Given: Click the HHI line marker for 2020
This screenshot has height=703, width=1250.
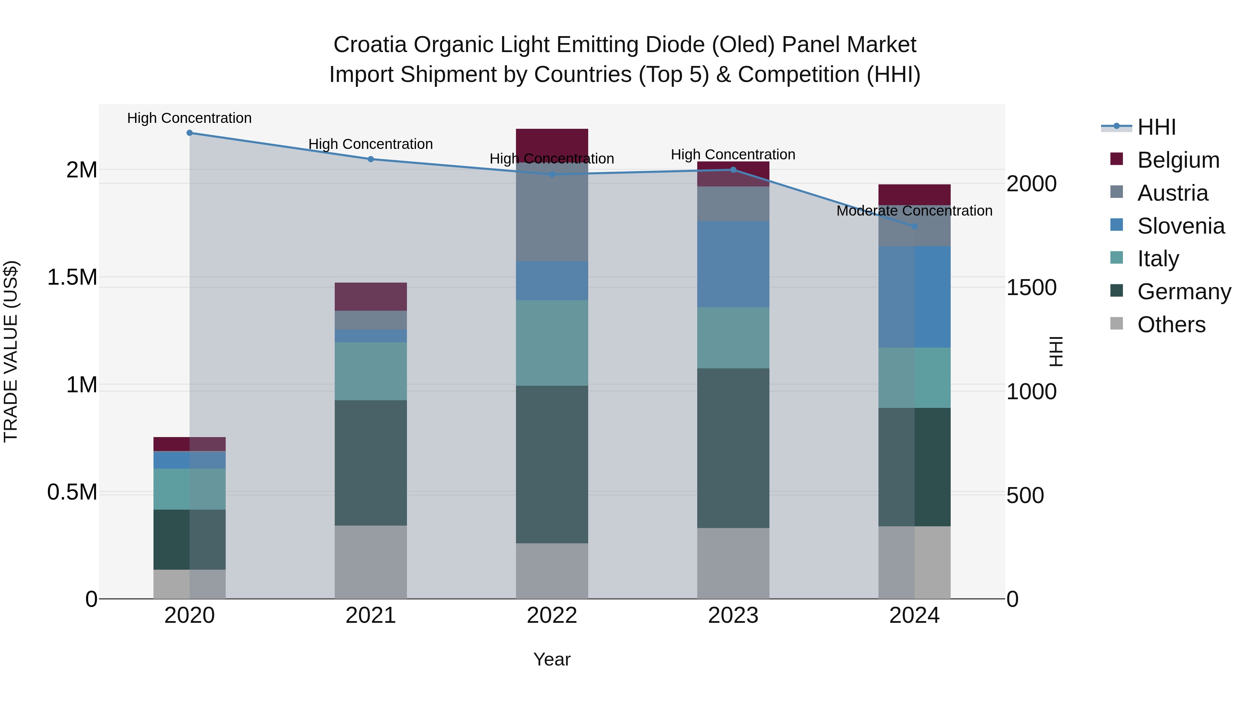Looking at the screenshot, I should coord(189,133).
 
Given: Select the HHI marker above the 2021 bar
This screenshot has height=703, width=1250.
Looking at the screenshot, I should coord(371,159).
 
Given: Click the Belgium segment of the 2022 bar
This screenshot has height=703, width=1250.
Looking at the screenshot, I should coord(552,144).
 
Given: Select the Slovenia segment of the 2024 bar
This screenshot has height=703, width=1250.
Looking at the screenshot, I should coord(914,296).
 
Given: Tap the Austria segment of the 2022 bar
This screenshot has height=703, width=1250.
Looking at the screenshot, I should coord(552,212).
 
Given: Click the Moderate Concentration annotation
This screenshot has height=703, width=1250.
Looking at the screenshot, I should coord(914,211).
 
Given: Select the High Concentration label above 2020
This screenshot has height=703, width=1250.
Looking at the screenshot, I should coord(189,118).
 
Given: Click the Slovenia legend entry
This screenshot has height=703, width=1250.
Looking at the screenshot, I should coord(1180,226).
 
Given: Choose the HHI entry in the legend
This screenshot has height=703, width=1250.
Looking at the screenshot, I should coord(1156,127).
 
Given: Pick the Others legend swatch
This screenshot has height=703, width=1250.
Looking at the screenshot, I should coord(1117,324).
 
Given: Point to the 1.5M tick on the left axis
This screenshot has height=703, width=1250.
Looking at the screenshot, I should coord(72,277).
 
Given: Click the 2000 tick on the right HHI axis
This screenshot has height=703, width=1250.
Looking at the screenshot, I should coord(1031,184).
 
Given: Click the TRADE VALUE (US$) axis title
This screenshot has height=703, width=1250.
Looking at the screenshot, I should coord(11,351).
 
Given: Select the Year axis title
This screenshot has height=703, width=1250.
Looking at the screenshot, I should coord(552,659).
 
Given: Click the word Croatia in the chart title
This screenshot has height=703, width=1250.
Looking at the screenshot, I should coord(370,45).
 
